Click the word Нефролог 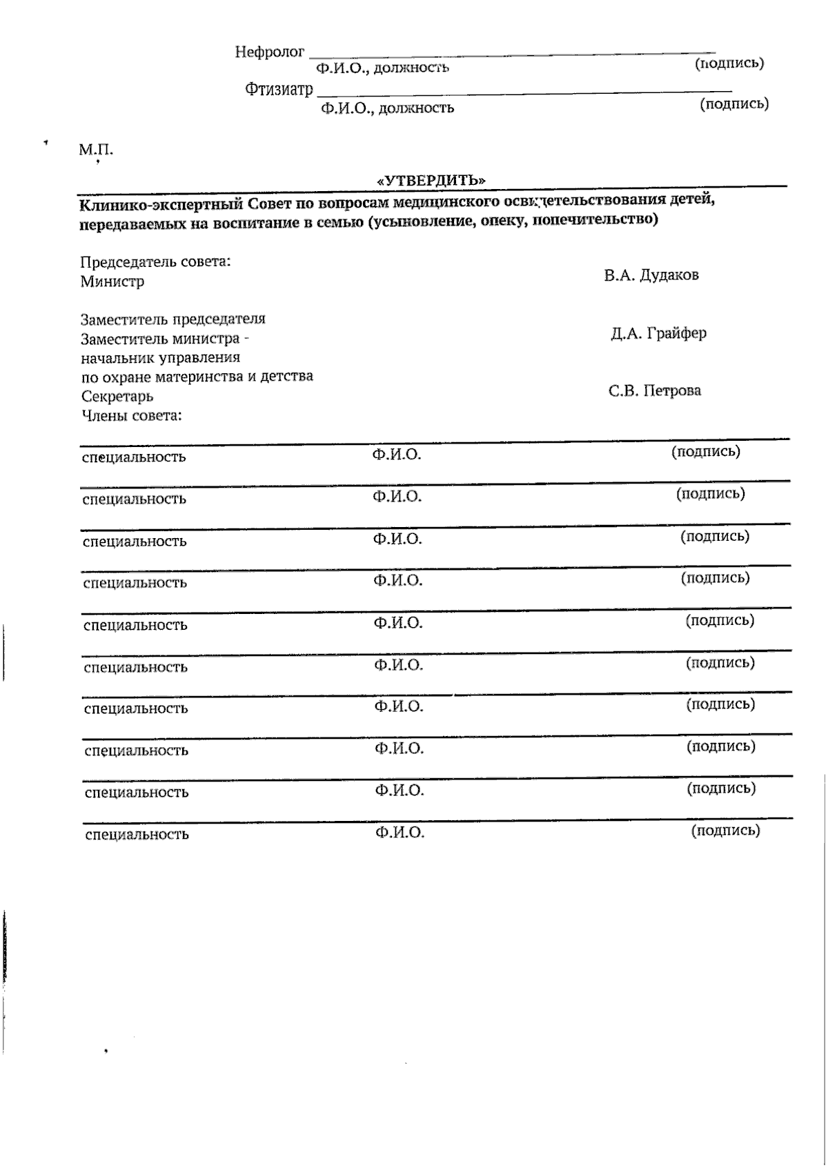[x=269, y=52]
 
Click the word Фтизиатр [x=279, y=90]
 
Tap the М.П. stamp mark [x=96, y=150]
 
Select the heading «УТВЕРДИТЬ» [x=431, y=180]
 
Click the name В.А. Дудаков [x=651, y=275]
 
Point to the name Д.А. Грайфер [x=658, y=333]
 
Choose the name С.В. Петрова [x=655, y=391]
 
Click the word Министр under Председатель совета [x=112, y=281]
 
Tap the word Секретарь [x=117, y=397]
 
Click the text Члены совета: [x=132, y=416]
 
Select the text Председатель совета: [x=155, y=262]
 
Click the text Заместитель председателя [x=172, y=319]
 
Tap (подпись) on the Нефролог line [x=729, y=63]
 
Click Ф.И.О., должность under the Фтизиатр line [x=387, y=108]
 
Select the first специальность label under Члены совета [x=134, y=457]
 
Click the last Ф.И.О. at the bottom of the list [x=400, y=833]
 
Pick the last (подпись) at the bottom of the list [x=725, y=831]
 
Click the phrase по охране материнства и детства [x=197, y=377]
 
